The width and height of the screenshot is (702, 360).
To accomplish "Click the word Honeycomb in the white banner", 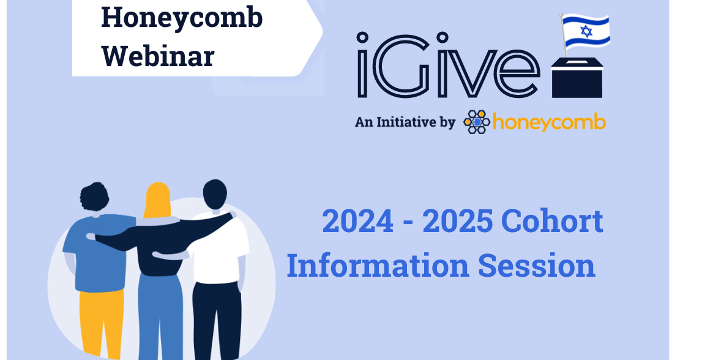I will (182, 18).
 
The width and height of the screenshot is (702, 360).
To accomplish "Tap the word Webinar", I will (158, 56).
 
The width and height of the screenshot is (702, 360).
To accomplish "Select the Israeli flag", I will (586, 32).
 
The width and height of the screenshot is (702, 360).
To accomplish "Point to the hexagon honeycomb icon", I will (477, 122).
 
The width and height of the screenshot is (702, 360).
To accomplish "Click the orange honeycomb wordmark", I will (549, 122).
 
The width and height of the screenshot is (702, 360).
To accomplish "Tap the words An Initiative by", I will (405, 122).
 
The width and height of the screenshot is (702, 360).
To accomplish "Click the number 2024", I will (358, 222).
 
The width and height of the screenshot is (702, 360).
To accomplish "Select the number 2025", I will (458, 222).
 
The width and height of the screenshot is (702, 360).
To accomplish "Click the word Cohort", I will (552, 222).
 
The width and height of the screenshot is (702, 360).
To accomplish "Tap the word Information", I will (378, 266).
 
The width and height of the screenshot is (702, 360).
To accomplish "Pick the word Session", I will (537, 266).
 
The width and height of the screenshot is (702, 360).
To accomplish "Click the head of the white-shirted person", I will (214, 195).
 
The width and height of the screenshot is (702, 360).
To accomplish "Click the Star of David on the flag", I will (586, 31).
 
